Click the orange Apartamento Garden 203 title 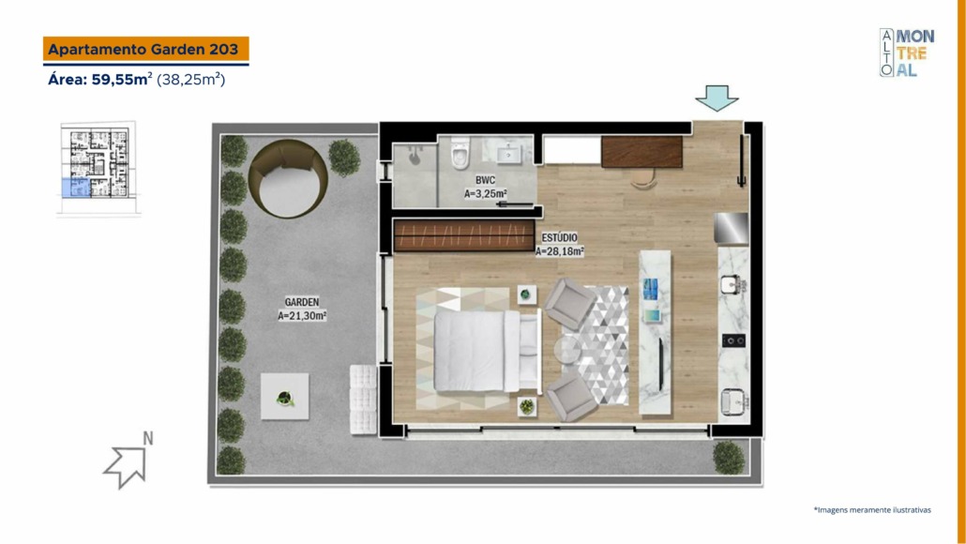click(x=145, y=49)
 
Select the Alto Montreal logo click(x=906, y=53)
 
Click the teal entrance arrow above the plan click(x=717, y=98)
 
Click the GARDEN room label click(x=302, y=302)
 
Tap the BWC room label click(x=485, y=180)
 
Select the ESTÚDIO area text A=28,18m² click(x=559, y=251)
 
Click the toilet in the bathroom click(x=460, y=153)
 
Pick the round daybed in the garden click(x=288, y=178)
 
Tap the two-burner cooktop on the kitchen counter click(x=733, y=340)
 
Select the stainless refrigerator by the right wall click(x=732, y=229)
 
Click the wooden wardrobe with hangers click(x=464, y=236)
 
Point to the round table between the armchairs click(x=566, y=349)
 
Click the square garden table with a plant click(x=284, y=397)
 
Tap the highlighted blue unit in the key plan click(x=75, y=188)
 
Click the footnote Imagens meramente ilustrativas click(x=872, y=510)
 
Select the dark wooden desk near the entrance click(x=641, y=152)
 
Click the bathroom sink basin click(x=509, y=153)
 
